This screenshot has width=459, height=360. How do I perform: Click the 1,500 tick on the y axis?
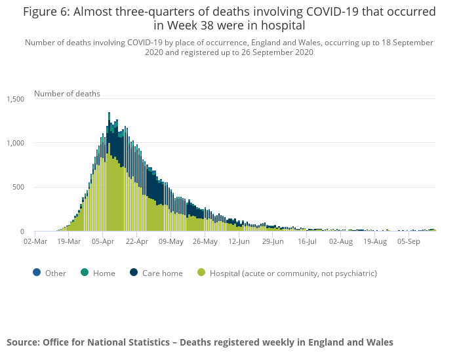[x=15, y=99]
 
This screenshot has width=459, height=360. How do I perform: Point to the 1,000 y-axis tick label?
[x=15, y=143]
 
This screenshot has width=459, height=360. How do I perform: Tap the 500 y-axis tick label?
[x=18, y=188]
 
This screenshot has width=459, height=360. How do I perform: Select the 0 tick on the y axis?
[x=22, y=231]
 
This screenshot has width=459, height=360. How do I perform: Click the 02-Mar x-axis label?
[x=35, y=241]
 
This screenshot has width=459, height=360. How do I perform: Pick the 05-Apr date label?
[x=103, y=241]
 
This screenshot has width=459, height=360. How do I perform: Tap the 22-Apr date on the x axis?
[x=137, y=241]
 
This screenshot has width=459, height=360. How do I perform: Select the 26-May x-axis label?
[x=205, y=241]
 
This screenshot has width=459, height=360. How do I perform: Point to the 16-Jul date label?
[x=307, y=241]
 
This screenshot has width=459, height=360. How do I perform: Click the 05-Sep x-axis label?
[x=409, y=241]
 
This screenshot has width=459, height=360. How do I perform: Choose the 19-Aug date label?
[x=375, y=241]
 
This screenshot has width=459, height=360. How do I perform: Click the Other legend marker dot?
[x=36, y=273]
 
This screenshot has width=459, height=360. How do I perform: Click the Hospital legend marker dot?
[x=201, y=273]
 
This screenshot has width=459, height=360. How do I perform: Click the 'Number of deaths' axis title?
[x=67, y=94]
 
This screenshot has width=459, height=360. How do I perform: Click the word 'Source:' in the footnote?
[x=22, y=342]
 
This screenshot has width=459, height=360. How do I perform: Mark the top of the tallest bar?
[x=109, y=113]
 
